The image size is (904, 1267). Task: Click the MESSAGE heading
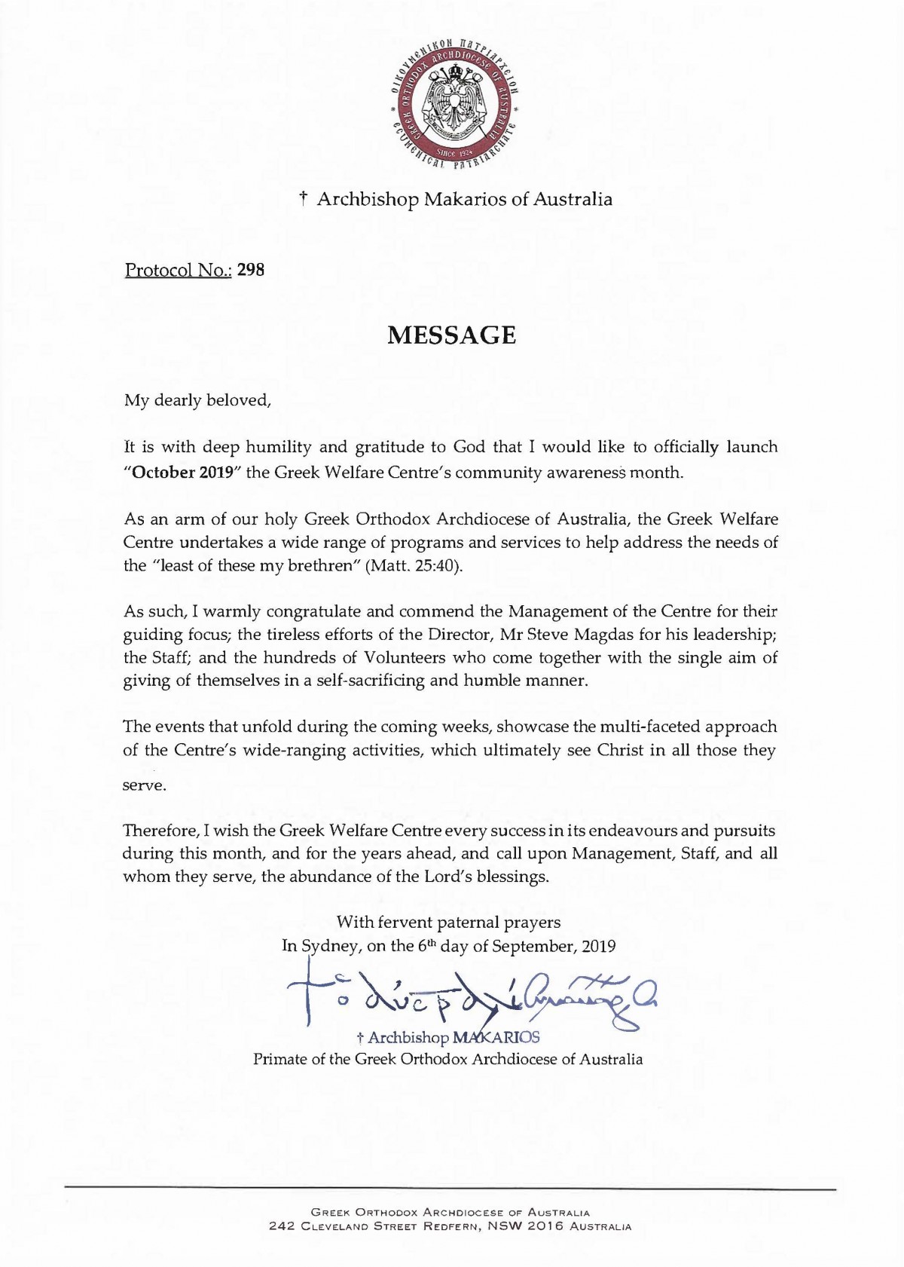pos(451,335)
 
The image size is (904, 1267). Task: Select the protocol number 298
pos(251,270)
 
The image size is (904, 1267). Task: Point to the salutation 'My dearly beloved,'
pos(197,400)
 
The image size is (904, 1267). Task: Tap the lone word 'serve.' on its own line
pos(144,785)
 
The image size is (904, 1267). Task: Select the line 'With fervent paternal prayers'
pos(448,922)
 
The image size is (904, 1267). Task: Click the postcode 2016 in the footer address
pos(545,1226)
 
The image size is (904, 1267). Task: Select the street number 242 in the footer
pos(282,1226)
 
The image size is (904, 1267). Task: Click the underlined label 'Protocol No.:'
pos(179,270)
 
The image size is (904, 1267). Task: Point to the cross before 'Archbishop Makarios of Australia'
pos(303,199)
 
